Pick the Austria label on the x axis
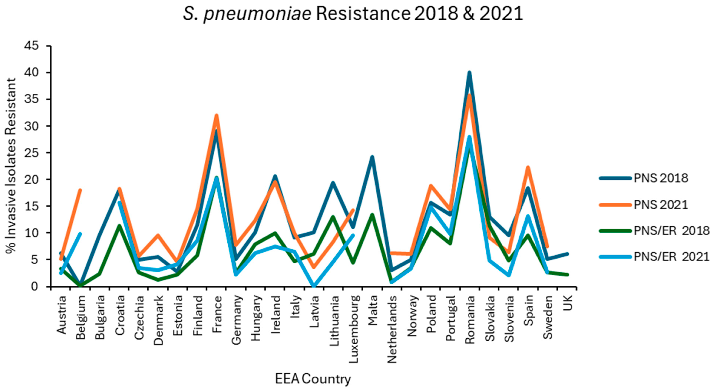[62, 315]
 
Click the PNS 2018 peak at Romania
[469, 73]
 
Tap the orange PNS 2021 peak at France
[216, 115]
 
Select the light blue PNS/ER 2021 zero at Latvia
[314, 286]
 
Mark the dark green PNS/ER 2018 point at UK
[567, 274]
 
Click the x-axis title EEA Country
[313, 379]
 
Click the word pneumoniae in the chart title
[258, 14]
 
